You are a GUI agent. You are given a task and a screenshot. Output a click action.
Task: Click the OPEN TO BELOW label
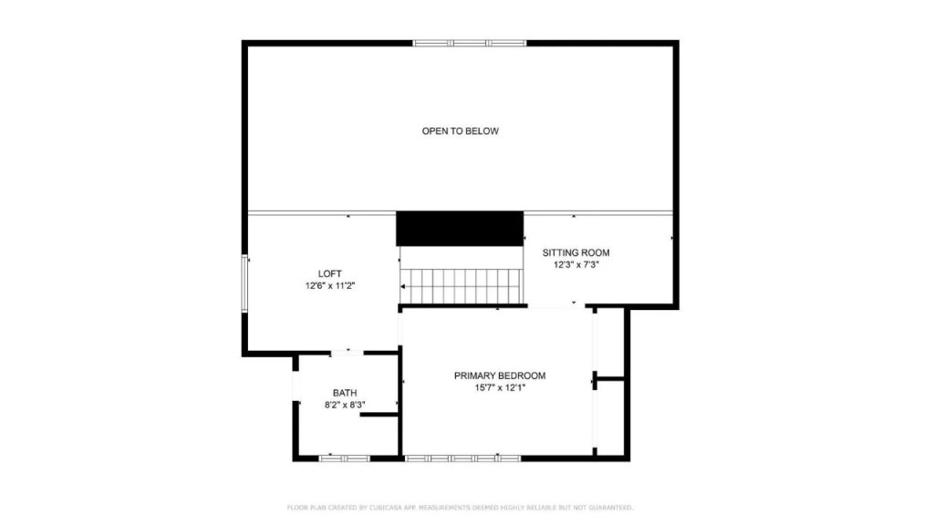460,131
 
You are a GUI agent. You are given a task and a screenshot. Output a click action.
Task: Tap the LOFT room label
329,273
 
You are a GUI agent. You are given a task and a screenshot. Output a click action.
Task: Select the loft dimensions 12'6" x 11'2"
329,285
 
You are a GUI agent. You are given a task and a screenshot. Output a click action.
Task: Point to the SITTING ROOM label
576,252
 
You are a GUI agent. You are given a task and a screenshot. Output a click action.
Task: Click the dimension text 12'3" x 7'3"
576,265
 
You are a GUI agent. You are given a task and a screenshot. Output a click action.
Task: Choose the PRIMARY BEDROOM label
500,376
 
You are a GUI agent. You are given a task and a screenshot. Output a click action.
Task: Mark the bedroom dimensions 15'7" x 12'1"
500,387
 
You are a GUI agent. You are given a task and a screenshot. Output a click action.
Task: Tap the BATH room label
344,393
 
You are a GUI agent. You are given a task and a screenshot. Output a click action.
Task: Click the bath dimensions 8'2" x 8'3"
344,405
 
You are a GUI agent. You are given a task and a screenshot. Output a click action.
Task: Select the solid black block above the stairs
460,228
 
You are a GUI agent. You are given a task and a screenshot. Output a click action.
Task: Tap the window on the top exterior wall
470,42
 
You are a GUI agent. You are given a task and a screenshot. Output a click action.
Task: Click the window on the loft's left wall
244,284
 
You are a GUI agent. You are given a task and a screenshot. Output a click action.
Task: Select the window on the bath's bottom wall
345,458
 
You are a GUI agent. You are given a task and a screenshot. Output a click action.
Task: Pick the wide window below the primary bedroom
462,458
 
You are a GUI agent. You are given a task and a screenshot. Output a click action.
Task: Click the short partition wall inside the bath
379,415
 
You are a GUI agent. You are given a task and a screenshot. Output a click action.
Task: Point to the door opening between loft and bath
348,352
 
